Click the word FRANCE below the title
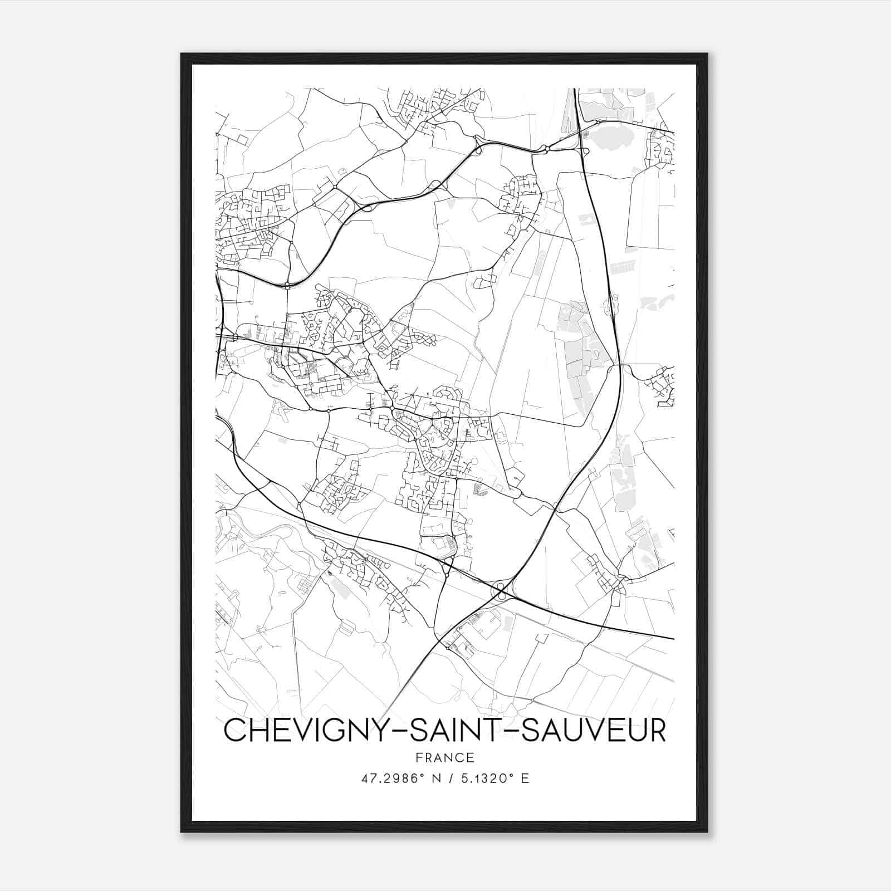(445, 757)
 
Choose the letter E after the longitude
(525, 779)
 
